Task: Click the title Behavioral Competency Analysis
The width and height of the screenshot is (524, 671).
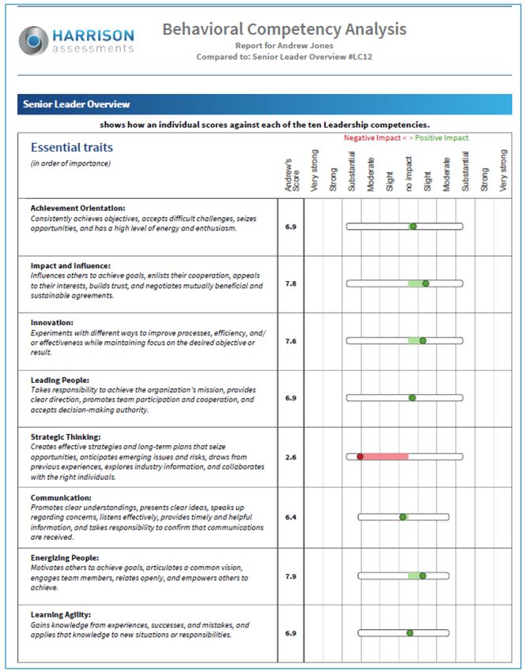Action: pyautogui.click(x=285, y=30)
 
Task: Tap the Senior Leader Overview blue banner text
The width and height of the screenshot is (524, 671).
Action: pyautogui.click(x=77, y=104)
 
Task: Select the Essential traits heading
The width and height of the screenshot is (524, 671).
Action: pyautogui.click(x=72, y=148)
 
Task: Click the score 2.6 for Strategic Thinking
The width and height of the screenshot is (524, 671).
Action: pyautogui.click(x=291, y=457)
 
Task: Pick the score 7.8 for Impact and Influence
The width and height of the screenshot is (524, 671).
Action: pyautogui.click(x=291, y=283)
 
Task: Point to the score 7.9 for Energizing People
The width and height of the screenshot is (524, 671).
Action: pyautogui.click(x=291, y=576)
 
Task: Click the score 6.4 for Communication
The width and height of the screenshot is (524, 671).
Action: pyautogui.click(x=291, y=517)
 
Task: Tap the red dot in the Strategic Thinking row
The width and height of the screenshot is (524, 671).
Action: pyautogui.click(x=360, y=456)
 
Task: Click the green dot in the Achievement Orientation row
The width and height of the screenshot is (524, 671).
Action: pyautogui.click(x=413, y=227)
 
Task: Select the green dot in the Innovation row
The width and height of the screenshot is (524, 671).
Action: pyautogui.click(x=422, y=341)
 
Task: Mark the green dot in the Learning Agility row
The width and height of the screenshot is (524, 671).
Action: pyautogui.click(x=409, y=633)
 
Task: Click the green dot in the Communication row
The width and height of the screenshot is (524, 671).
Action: pyautogui.click(x=402, y=518)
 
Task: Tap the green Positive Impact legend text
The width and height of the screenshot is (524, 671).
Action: pyautogui.click(x=442, y=138)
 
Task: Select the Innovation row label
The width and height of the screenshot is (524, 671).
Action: pyautogui.click(x=52, y=322)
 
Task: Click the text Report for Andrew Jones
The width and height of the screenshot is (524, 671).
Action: pyautogui.click(x=284, y=47)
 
